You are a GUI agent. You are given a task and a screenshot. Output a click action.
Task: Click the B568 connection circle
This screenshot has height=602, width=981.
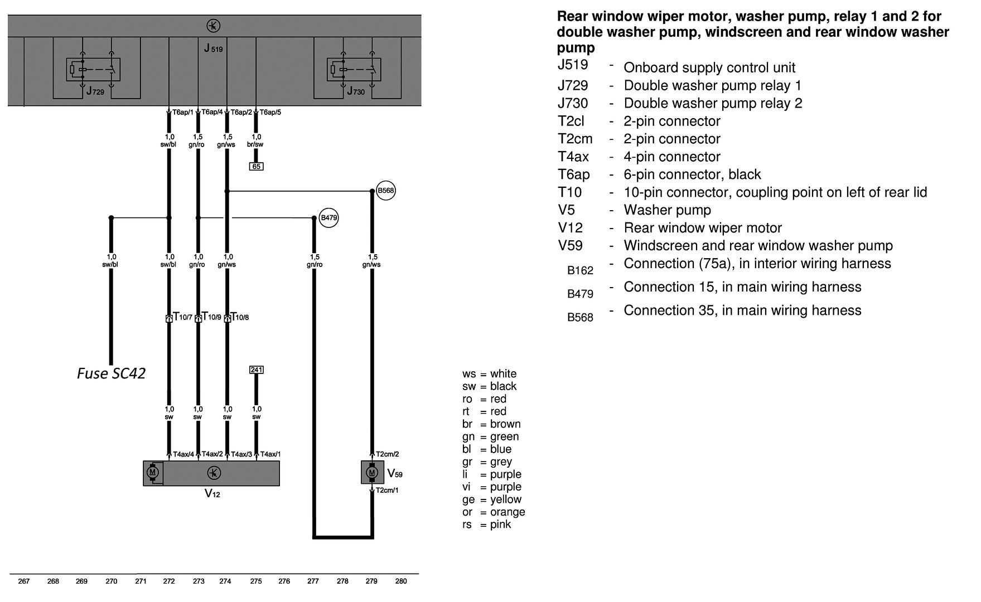[385, 191]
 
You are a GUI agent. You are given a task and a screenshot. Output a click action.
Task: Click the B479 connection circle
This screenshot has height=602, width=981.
[329, 218]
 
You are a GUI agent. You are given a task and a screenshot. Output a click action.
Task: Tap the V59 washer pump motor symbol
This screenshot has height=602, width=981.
[372, 473]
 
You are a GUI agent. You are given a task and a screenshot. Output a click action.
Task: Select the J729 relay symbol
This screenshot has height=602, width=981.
[93, 70]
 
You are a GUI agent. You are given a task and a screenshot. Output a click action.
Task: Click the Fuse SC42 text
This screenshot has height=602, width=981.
[111, 373]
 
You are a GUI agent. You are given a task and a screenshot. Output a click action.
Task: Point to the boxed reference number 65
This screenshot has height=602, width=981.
[256, 166]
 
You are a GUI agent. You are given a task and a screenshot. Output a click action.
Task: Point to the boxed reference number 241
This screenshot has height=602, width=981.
[256, 370]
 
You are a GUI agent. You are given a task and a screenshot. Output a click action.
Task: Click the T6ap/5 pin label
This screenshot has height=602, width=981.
[270, 113]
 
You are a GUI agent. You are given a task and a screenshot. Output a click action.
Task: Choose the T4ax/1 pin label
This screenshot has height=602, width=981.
[270, 454]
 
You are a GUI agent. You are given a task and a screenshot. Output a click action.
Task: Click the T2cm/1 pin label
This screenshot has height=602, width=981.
[387, 491]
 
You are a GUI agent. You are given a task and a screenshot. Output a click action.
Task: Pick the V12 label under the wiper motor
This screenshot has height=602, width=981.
[212, 494]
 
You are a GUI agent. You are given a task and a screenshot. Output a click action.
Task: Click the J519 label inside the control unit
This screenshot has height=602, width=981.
[213, 49]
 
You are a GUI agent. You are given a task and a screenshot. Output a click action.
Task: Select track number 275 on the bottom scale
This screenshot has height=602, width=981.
[256, 581]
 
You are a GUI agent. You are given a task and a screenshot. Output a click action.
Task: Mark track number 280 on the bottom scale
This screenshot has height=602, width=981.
[400, 581]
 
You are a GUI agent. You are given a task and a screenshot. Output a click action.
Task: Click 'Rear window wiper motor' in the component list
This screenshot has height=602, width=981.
[702, 228]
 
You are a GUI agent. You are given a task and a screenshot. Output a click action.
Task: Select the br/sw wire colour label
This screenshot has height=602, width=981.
[256, 144]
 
